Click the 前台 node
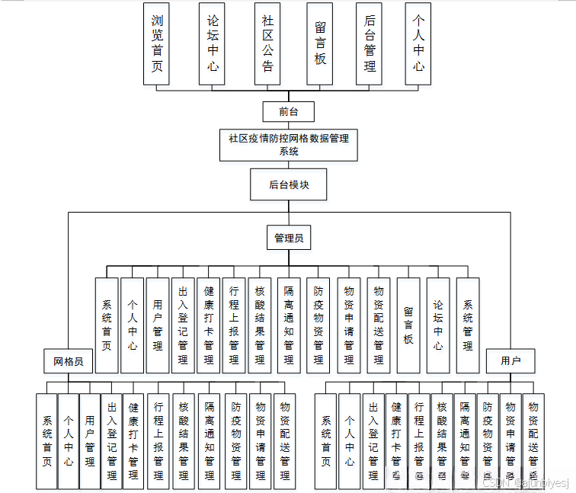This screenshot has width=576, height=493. (288, 111)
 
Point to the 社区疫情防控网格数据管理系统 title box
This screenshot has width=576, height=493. (289, 145)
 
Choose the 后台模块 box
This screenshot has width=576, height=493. (289, 184)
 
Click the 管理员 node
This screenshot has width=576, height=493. (289, 238)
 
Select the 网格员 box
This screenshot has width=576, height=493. (67, 360)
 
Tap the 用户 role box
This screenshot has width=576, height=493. (510, 360)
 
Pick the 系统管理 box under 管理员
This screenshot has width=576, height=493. (468, 325)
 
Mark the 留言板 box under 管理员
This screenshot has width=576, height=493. (408, 325)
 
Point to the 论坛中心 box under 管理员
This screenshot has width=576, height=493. (438, 325)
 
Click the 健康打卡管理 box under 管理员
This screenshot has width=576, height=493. (208, 325)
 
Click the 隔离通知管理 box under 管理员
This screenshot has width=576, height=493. (289, 325)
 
